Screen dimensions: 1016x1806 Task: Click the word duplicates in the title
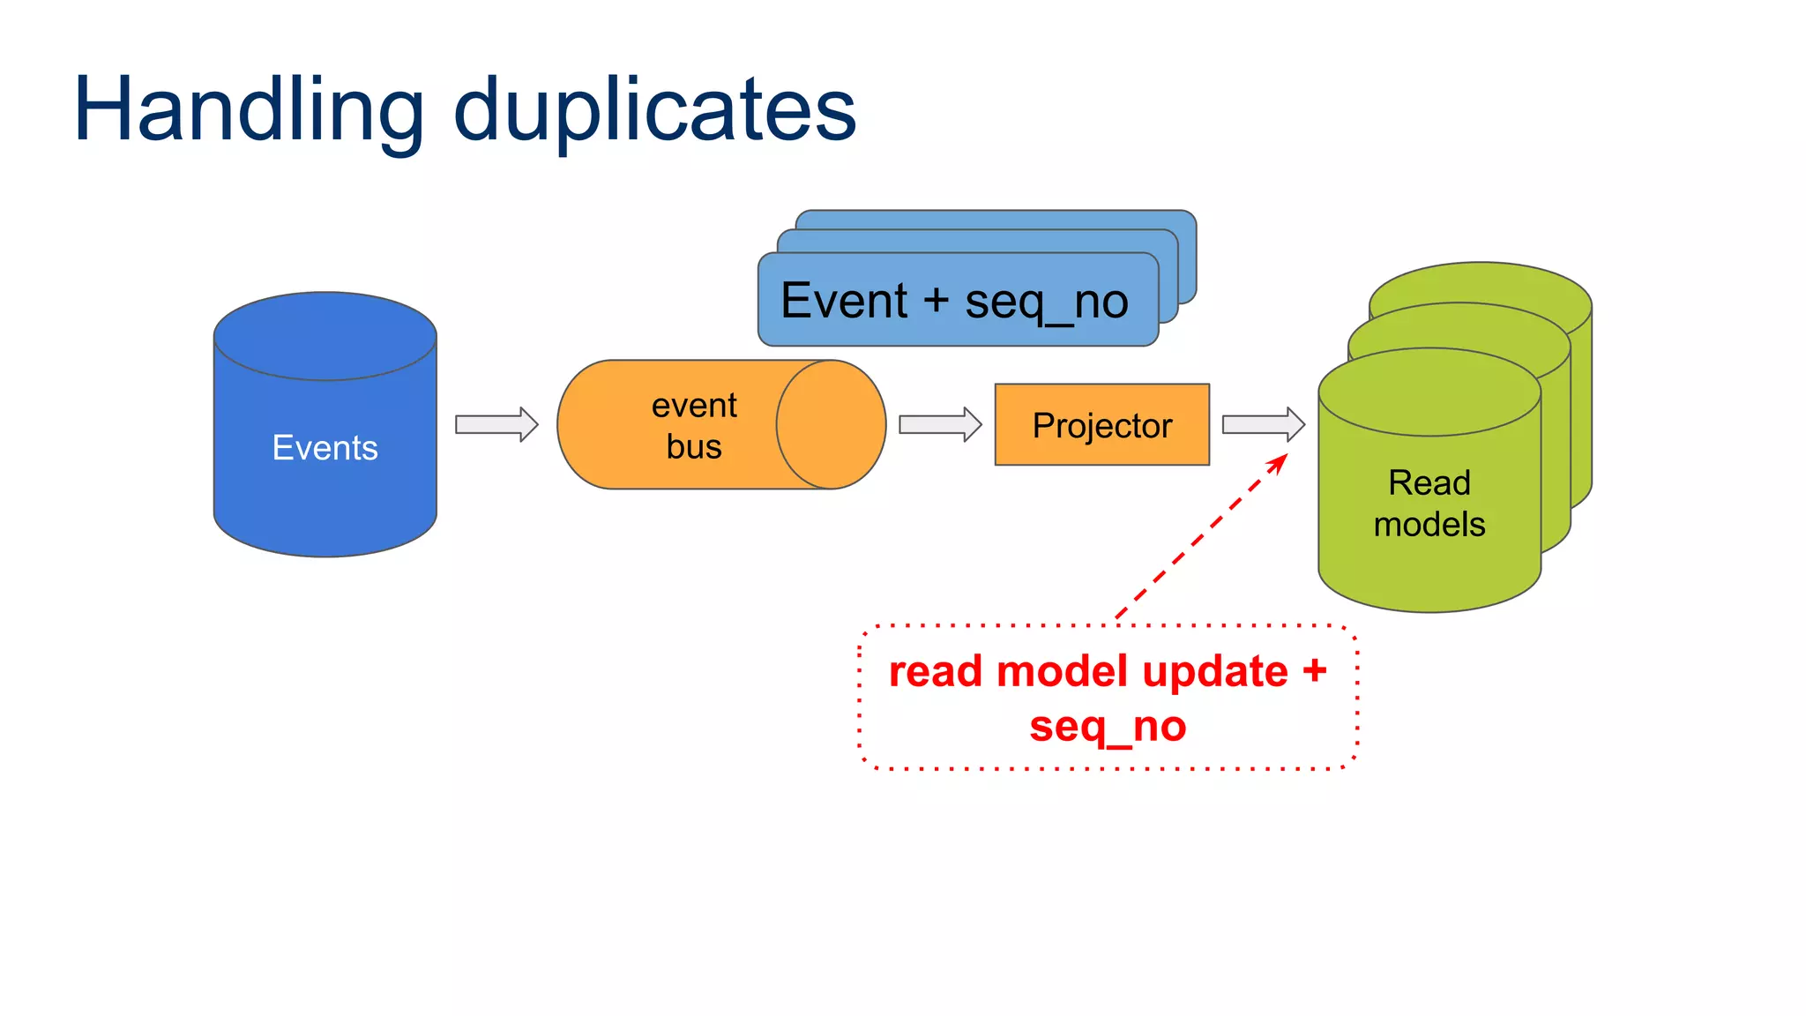(x=654, y=110)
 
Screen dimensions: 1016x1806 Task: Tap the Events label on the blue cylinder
(x=325, y=448)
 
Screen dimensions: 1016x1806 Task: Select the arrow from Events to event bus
(x=496, y=424)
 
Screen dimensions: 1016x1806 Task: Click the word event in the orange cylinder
(x=694, y=406)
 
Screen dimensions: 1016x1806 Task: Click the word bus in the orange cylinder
(x=694, y=447)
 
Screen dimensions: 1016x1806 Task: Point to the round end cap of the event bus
(x=831, y=424)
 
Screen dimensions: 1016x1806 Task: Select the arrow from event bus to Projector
(x=940, y=424)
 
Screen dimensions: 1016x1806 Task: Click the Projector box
(x=1101, y=425)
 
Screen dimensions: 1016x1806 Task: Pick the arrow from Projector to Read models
(x=1263, y=424)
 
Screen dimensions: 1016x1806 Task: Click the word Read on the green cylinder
(x=1429, y=483)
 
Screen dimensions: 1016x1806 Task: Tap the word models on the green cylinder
(x=1429, y=525)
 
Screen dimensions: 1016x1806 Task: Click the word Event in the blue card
(x=844, y=301)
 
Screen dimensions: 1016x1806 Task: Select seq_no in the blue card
(x=1046, y=303)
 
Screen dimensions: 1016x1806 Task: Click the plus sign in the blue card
(x=937, y=301)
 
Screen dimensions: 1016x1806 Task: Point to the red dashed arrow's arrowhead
(x=1279, y=463)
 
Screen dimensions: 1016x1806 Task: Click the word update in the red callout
(x=1214, y=672)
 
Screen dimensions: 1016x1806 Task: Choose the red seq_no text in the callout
(x=1108, y=728)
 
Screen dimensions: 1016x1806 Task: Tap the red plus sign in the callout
(x=1315, y=670)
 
